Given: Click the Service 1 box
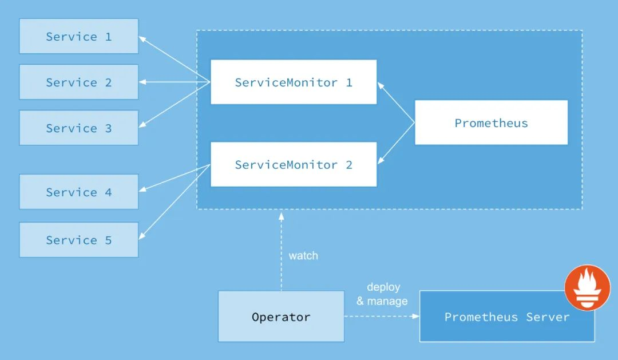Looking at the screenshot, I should coord(79,36).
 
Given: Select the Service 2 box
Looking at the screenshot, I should coord(79,82).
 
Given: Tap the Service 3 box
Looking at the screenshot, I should coord(79,128).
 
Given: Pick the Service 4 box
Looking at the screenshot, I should coord(79,192).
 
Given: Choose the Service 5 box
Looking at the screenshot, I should coord(79,240).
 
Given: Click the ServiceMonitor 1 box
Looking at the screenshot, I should coord(294,82).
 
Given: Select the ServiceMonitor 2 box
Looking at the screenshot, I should coord(294,164).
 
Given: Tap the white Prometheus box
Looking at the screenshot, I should coord(491,122).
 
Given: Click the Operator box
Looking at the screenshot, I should coord(281,317).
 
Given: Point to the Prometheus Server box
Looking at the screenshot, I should coord(507,317).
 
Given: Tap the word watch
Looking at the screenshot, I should coord(303,256).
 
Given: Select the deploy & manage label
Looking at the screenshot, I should coord(382,294).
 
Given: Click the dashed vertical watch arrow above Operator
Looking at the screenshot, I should coord(281,252).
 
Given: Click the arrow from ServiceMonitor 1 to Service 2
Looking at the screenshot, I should coord(175,82).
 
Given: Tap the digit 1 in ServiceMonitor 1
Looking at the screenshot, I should coord(349,82).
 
